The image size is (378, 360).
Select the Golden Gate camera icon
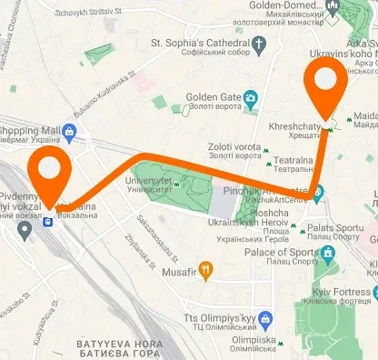pos(248,97)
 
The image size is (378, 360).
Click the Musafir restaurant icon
pos(207,268)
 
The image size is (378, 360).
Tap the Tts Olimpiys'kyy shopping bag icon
pos(265,320)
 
